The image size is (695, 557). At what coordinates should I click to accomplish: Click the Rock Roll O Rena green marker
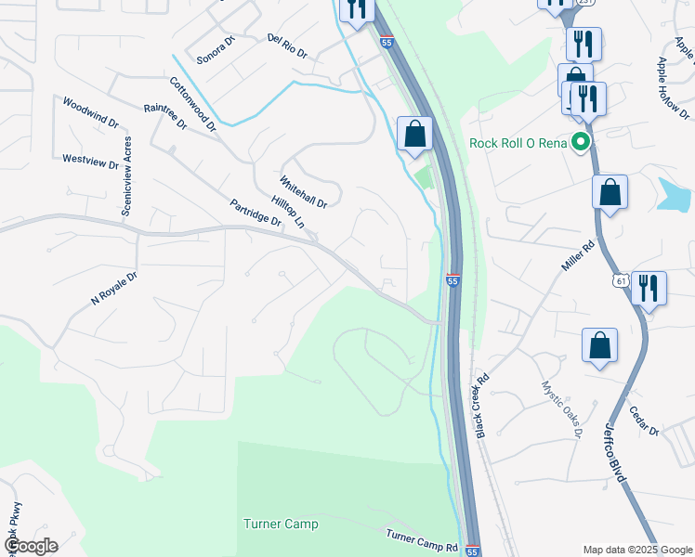click(582, 143)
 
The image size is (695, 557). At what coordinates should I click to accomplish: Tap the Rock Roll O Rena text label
click(518, 143)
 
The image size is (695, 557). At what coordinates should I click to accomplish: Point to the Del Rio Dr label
click(286, 46)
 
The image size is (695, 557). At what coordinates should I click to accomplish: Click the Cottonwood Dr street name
click(192, 103)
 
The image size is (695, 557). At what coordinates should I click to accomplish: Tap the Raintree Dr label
click(165, 115)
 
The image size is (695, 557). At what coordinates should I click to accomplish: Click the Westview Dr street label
click(90, 160)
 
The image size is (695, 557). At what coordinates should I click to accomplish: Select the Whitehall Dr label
click(303, 191)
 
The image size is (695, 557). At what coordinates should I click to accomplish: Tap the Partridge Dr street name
click(255, 213)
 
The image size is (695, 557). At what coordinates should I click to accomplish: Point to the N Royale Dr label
click(113, 289)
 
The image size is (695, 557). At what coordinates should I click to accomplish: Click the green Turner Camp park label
click(281, 525)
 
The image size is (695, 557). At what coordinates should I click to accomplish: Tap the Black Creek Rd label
click(481, 407)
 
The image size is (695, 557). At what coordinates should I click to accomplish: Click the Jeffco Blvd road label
click(615, 452)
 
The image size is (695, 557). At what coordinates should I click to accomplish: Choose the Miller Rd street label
click(576, 257)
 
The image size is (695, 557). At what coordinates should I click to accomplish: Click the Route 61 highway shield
click(621, 279)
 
